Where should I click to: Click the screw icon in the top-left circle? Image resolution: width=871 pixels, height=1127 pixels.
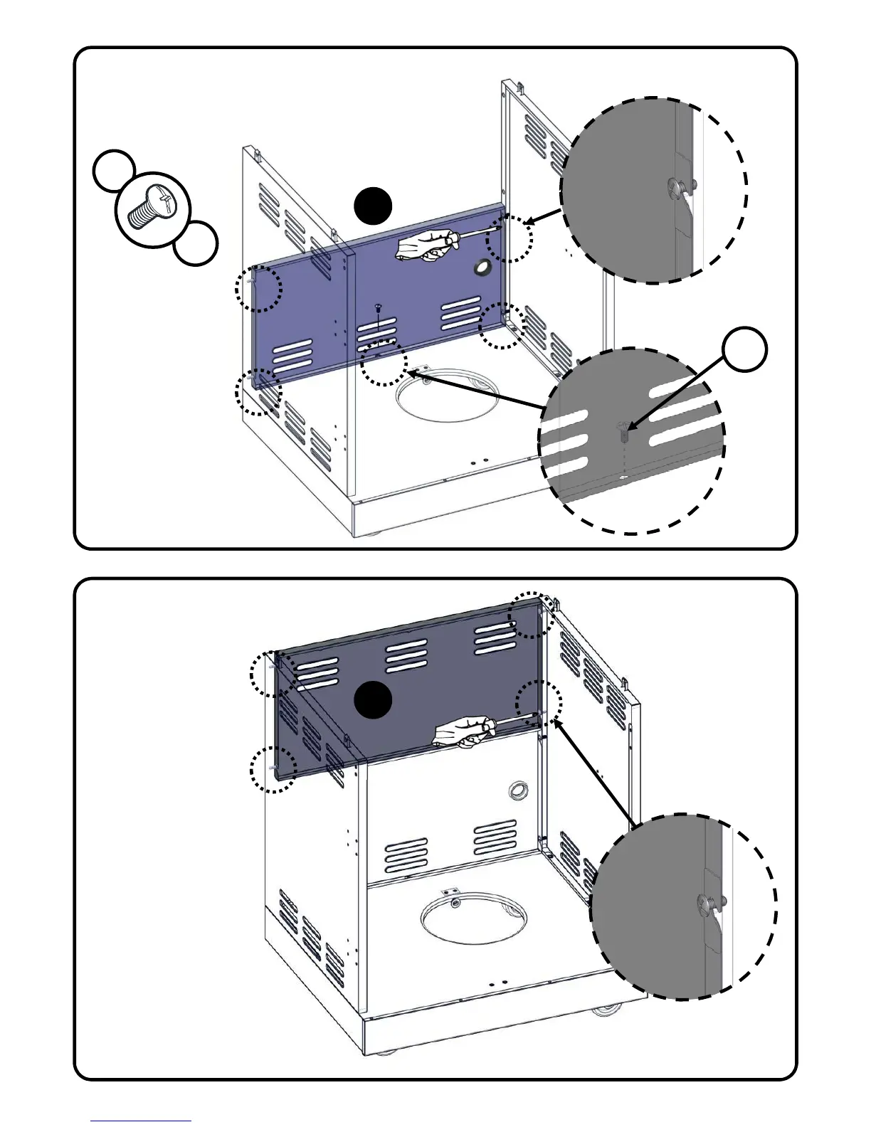152,207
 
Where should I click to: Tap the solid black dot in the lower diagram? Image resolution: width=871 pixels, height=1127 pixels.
373,699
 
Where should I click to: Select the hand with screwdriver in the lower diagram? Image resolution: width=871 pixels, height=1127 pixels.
463,733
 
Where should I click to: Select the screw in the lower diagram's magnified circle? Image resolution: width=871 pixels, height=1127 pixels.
709,904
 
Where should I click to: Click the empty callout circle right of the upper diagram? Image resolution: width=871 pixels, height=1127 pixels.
745,349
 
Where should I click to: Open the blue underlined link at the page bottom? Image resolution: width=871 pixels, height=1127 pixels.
141,1120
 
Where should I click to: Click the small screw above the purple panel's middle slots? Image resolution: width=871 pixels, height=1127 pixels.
377,307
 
